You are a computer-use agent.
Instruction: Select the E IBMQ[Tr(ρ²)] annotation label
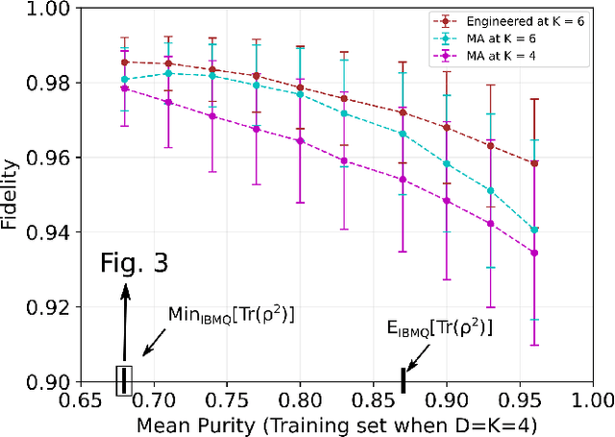click(x=438, y=328)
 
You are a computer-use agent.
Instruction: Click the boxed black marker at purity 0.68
click(x=123, y=380)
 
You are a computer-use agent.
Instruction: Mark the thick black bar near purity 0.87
click(x=403, y=380)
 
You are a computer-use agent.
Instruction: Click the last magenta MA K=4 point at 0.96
click(x=534, y=254)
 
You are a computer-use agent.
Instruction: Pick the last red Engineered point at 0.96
click(x=534, y=163)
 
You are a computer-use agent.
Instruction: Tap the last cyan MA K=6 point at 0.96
click(x=534, y=231)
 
